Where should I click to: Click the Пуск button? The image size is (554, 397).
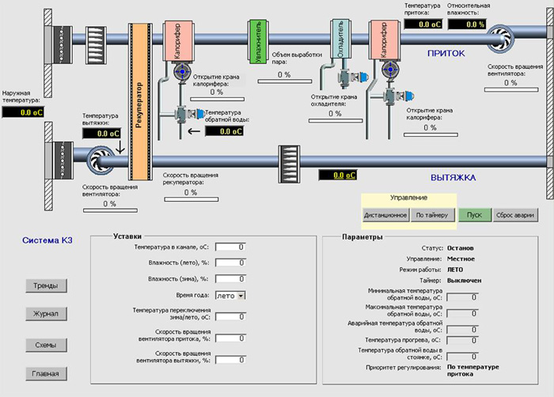[x=474, y=214]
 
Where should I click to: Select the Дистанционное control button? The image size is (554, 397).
[x=385, y=214]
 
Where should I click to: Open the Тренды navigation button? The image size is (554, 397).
[x=45, y=285]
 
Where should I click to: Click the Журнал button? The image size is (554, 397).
[x=45, y=315]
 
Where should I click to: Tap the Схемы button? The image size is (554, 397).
[x=45, y=345]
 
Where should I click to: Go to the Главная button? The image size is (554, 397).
[x=45, y=373]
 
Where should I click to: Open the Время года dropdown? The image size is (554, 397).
[x=230, y=295]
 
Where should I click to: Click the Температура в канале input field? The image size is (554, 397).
[x=230, y=247]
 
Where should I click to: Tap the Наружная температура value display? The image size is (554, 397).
[x=22, y=113]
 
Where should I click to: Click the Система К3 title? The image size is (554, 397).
[x=47, y=240]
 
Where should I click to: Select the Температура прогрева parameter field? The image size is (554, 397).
[x=463, y=339]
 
